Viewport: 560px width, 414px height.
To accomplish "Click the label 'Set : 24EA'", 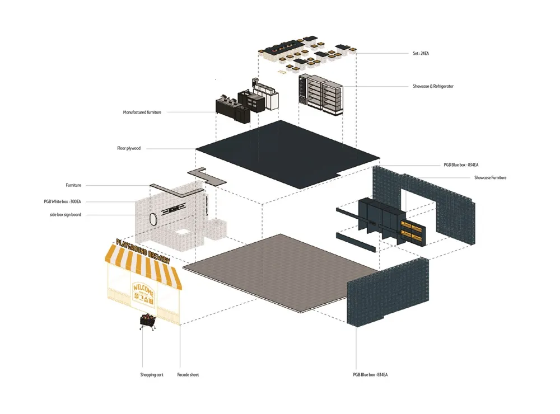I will pos(421,54).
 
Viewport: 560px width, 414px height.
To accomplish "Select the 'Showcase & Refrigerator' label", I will pos(433,87).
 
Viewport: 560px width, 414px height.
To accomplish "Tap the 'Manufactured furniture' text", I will pos(142,112).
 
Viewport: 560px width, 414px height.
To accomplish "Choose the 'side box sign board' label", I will pos(65,214).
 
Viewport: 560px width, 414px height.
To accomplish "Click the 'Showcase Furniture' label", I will pos(490,178).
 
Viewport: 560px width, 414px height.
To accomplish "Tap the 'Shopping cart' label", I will pos(152,375).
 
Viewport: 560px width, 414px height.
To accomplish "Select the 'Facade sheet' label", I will pos(188,375).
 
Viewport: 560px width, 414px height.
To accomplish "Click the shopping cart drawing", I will pos(148,323).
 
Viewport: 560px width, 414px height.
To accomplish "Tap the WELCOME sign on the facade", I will pos(143,289).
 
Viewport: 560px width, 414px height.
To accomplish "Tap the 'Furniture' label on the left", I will pos(73,185).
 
